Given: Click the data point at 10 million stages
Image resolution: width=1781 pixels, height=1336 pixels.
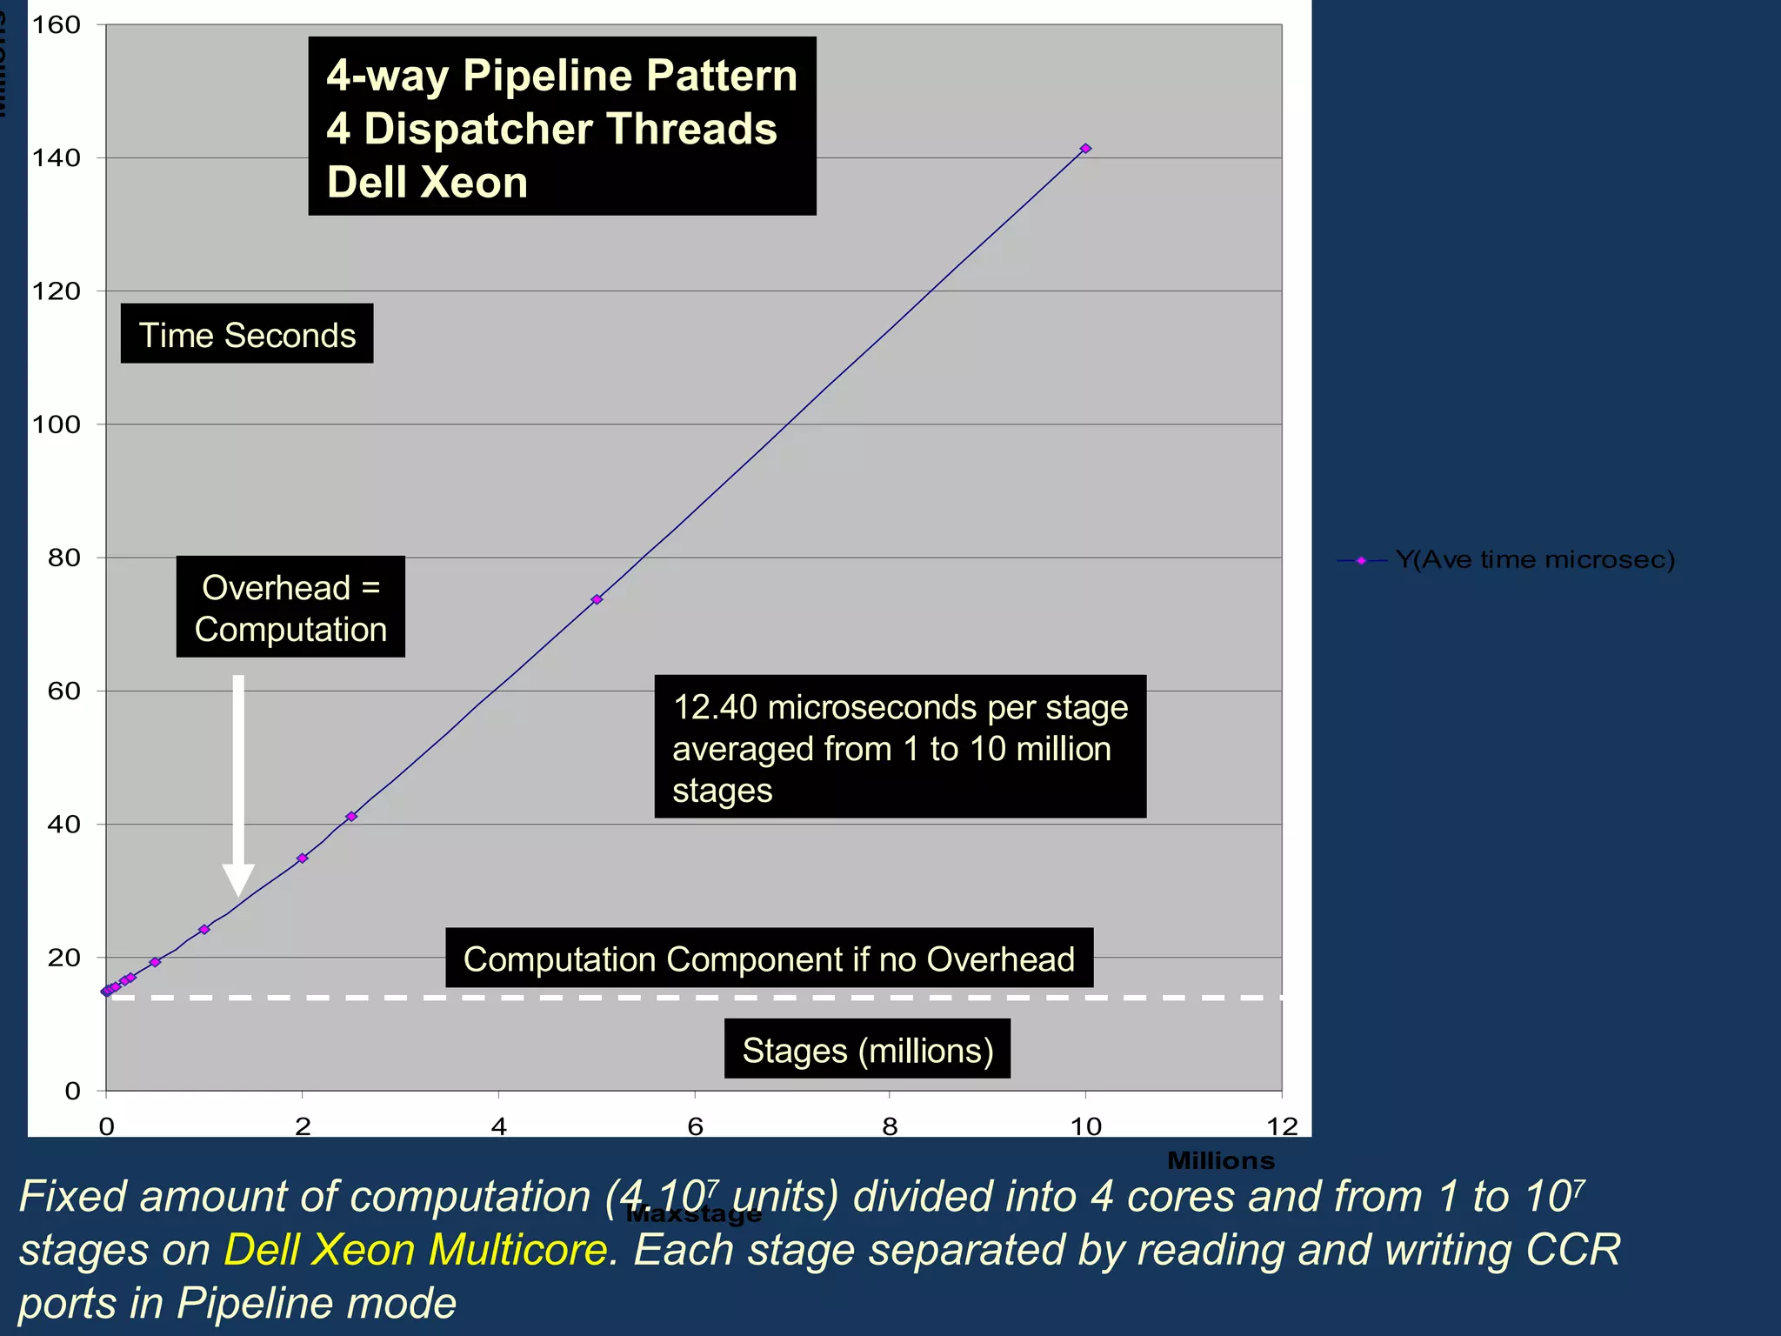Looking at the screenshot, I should click(x=1085, y=149).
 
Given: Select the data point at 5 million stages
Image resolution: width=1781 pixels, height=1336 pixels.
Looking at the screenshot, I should click(x=597, y=599).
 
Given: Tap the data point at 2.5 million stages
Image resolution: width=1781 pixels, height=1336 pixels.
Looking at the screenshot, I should click(x=351, y=816).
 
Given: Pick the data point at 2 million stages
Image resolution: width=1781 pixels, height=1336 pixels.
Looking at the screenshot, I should click(x=303, y=858).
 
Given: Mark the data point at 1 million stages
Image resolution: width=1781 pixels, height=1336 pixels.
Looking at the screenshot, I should click(x=204, y=929).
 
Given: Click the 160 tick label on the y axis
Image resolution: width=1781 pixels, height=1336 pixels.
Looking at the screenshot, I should click(x=57, y=25).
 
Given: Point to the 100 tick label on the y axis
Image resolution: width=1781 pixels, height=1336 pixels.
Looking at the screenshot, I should click(x=57, y=424).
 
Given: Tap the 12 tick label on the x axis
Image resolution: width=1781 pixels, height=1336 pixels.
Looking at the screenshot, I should click(x=1282, y=1126).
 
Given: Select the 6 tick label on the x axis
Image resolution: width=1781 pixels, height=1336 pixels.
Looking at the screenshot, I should click(x=695, y=1126).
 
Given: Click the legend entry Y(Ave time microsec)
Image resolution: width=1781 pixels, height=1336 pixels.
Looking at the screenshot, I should click(x=1535, y=559).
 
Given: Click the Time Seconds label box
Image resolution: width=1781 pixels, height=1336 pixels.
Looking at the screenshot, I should click(x=247, y=335).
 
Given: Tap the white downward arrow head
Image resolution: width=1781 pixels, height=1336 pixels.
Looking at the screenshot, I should click(x=238, y=878).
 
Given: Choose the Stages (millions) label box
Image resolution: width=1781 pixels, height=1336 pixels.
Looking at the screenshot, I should click(x=867, y=1050).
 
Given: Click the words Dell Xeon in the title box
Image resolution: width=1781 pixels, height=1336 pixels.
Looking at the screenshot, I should click(x=427, y=183).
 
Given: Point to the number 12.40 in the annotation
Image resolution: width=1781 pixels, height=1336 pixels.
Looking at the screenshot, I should click(x=715, y=707).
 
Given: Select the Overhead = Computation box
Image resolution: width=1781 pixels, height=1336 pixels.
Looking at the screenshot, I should click(x=290, y=607).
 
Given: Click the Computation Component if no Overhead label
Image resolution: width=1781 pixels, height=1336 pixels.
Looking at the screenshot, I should click(x=769, y=959).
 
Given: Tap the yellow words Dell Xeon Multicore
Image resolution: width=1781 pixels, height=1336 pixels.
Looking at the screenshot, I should click(x=416, y=1250).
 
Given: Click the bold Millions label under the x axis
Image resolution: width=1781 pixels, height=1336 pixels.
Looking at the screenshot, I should click(x=1220, y=1160).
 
